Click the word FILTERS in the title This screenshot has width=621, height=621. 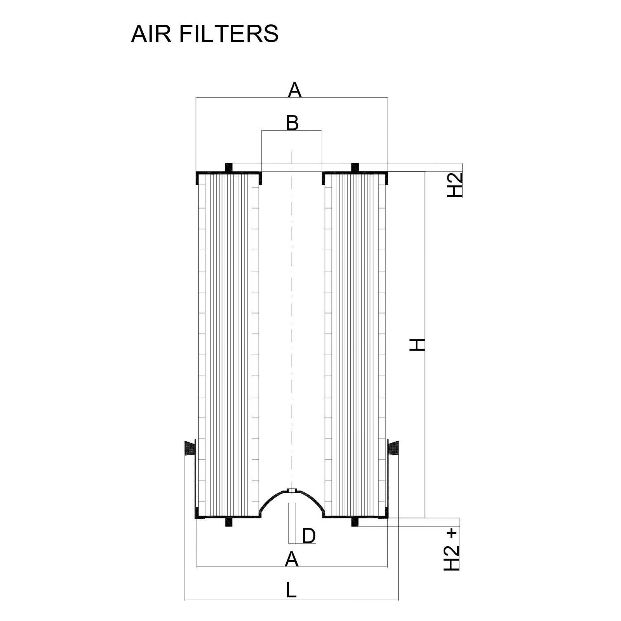[x=229, y=34]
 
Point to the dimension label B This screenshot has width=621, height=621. [x=292, y=123]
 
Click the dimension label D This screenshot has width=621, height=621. [x=309, y=536]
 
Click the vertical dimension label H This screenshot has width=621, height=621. [x=417, y=344]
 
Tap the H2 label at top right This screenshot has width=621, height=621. [x=455, y=185]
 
